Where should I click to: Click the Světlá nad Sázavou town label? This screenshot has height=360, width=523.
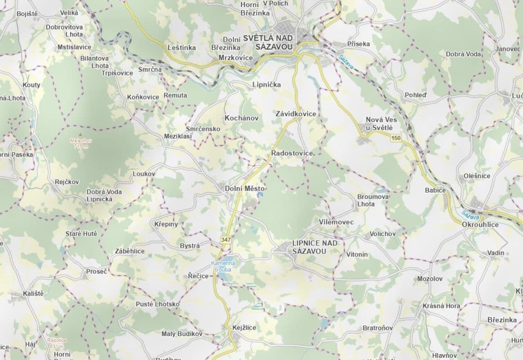pyautogui.click(x=268, y=42)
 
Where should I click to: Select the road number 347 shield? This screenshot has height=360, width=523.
pyautogui.click(x=226, y=240)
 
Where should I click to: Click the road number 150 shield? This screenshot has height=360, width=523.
pyautogui.click(x=396, y=138)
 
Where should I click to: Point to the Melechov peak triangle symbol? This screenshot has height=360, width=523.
pyautogui.click(x=80, y=135)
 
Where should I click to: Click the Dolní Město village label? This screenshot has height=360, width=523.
pyautogui.click(x=244, y=189)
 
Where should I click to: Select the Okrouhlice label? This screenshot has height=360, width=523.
pyautogui.click(x=480, y=224)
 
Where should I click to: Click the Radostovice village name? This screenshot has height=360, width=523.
pyautogui.click(x=292, y=153)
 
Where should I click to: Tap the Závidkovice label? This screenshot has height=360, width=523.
pyautogui.click(x=296, y=114)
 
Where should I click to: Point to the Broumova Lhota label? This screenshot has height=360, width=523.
pyautogui.click(x=372, y=200)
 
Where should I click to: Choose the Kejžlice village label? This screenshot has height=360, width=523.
pyautogui.click(x=244, y=328)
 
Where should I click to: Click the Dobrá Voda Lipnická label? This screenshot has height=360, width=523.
pyautogui.click(x=104, y=195)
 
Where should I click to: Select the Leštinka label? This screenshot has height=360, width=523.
pyautogui.click(x=181, y=47)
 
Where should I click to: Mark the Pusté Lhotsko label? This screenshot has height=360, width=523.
pyautogui.click(x=158, y=304)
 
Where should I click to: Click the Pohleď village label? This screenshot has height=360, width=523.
pyautogui.click(x=415, y=95)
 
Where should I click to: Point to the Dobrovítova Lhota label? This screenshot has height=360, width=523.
pyautogui.click(x=64, y=31)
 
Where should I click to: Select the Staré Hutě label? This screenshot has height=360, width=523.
pyautogui.click(x=81, y=234)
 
